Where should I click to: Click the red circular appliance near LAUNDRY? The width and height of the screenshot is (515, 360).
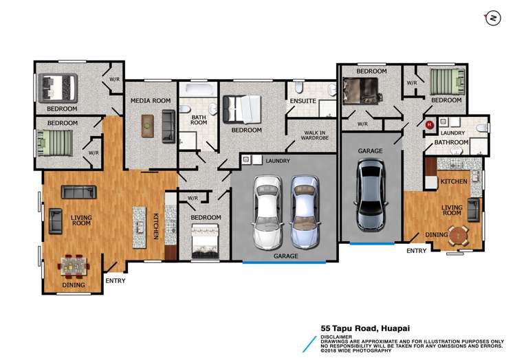click(429, 125)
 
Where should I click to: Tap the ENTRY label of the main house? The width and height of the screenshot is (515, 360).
click(115, 280)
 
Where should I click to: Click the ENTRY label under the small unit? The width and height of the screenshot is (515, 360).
click(416, 251)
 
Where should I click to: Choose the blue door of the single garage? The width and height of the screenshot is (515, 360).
click(372, 243)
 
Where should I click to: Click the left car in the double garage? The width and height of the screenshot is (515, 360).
click(267, 212)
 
